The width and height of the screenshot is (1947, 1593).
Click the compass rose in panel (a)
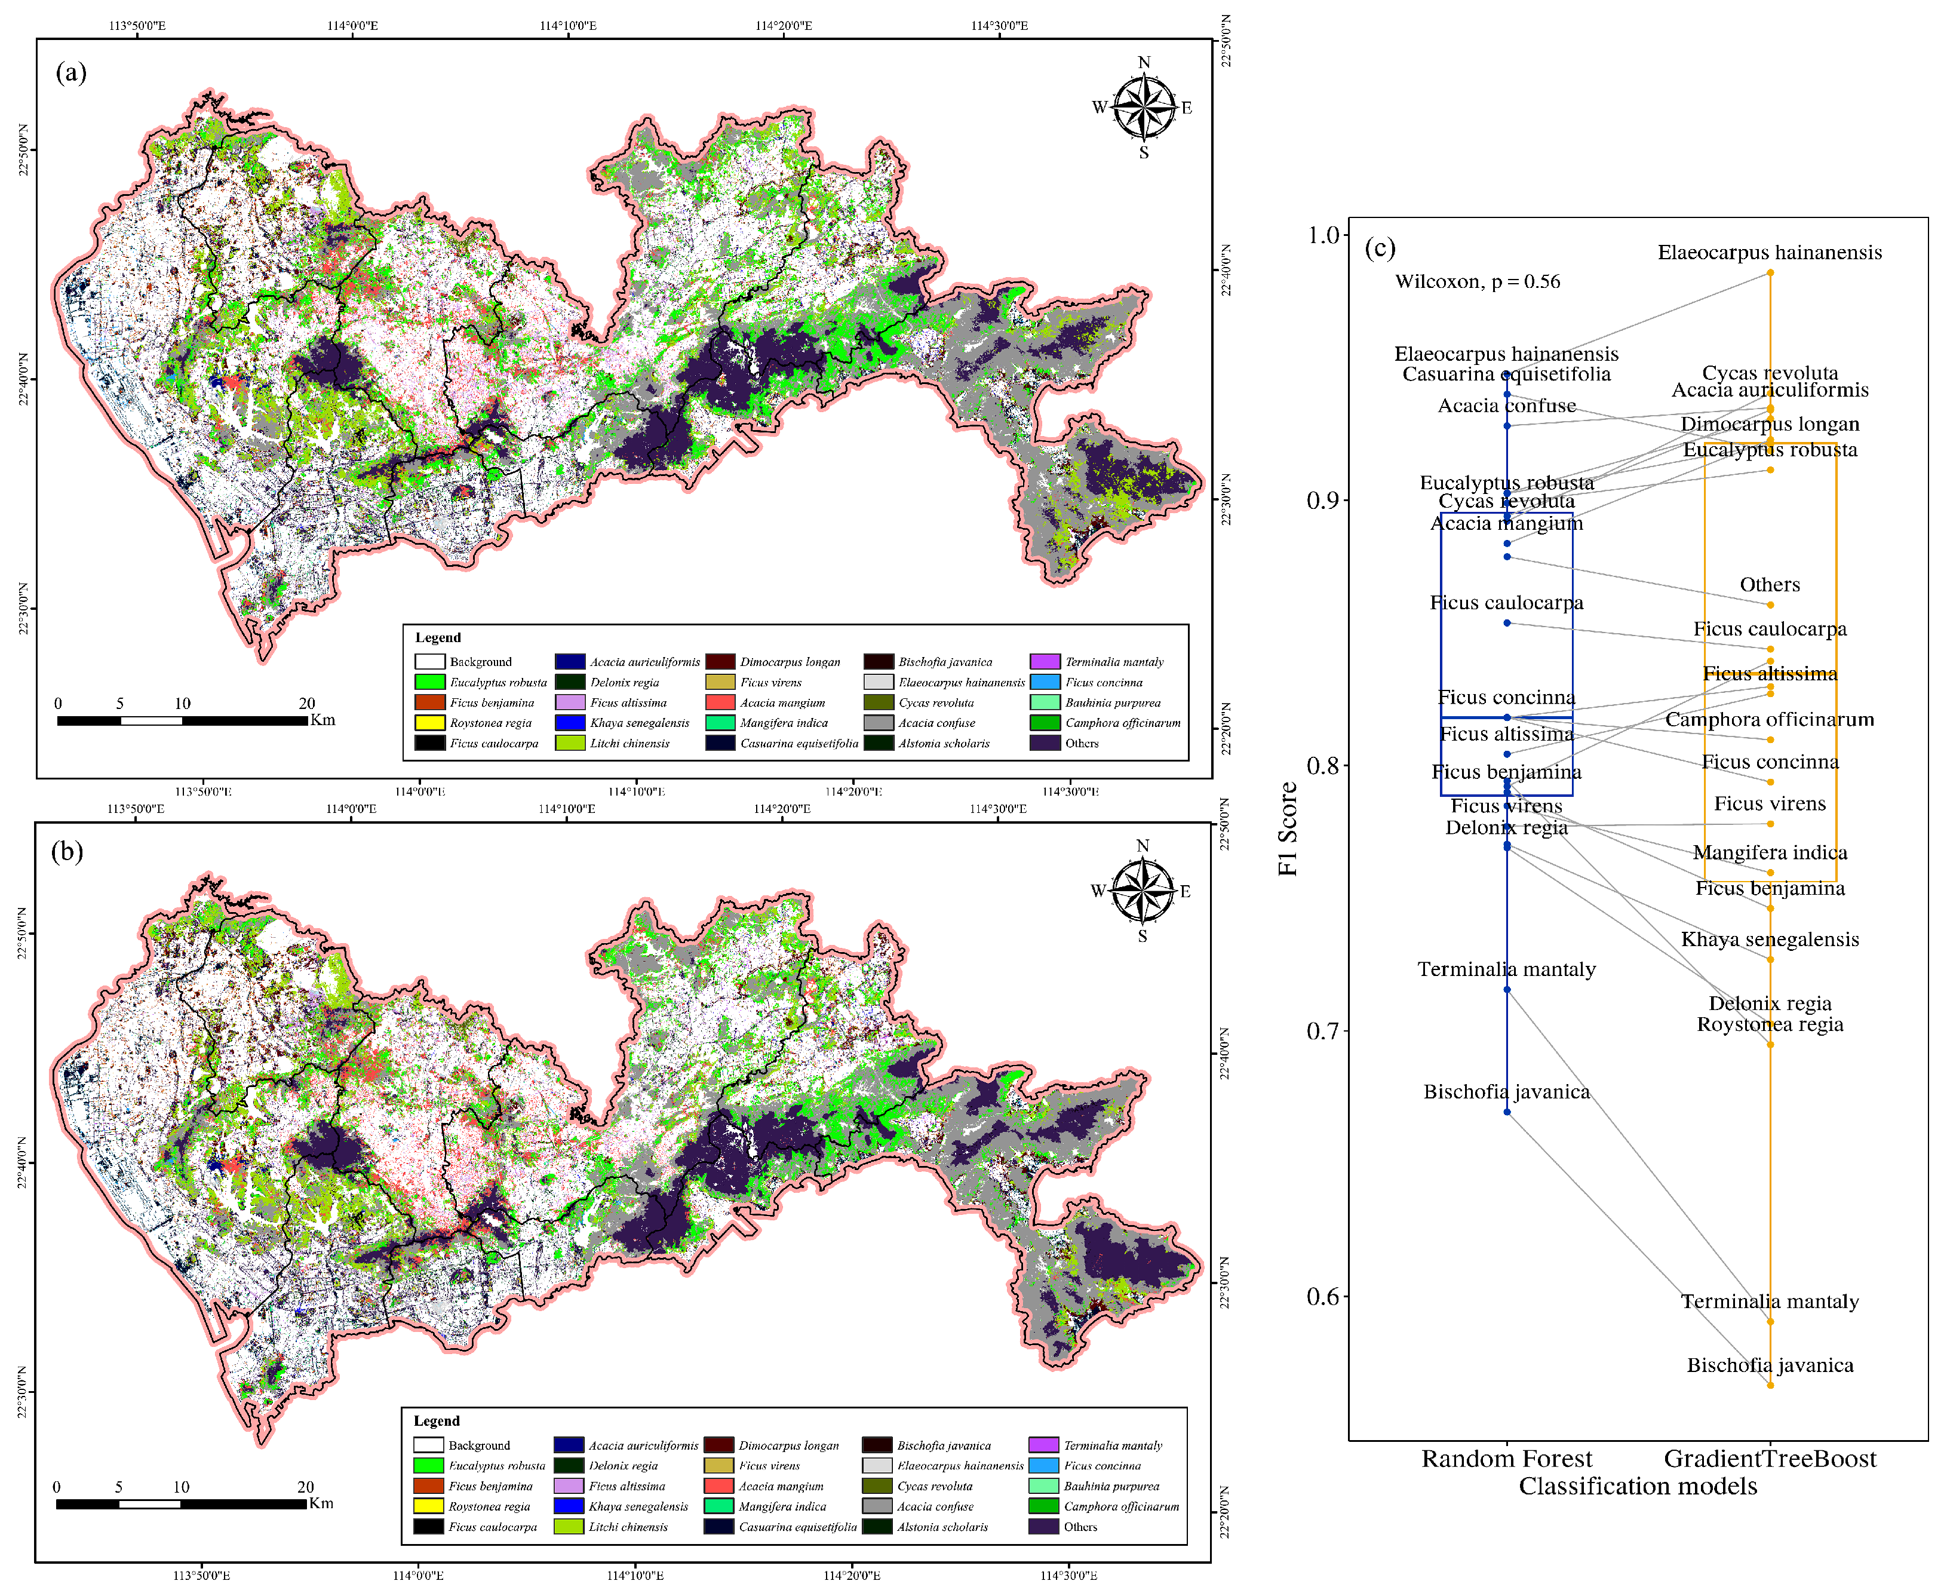click(x=1143, y=108)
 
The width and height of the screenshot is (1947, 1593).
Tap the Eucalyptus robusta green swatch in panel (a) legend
click(x=429, y=682)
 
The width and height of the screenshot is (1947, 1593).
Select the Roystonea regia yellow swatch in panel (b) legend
click(x=428, y=1506)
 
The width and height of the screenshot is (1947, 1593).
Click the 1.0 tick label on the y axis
click(x=1325, y=235)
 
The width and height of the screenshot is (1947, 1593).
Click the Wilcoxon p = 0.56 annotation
click(x=1477, y=282)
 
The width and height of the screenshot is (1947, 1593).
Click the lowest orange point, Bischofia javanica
click(x=1770, y=1385)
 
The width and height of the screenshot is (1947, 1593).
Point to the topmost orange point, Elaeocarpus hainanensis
click(x=1770, y=272)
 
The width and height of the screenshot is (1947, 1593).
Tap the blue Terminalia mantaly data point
click(x=1507, y=989)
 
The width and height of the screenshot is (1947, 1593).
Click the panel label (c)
click(x=1380, y=248)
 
